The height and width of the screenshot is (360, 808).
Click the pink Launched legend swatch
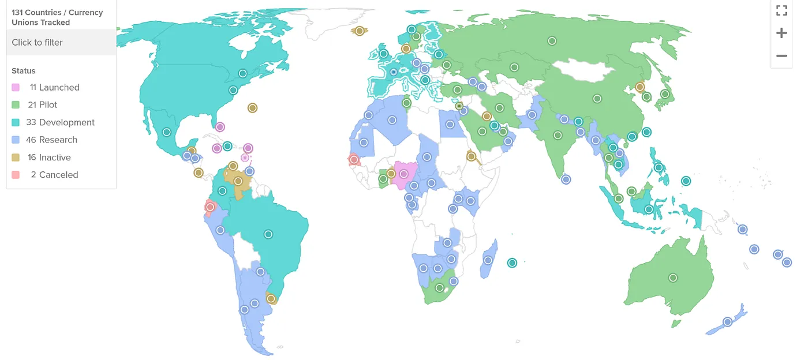tap(16, 88)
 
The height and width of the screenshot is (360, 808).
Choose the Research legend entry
tap(51, 140)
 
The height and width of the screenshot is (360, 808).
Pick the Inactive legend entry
tap(49, 157)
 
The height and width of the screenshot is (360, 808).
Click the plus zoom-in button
tap(781, 33)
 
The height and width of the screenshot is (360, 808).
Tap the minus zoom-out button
tap(781, 56)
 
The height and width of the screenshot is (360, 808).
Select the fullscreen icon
tap(781, 10)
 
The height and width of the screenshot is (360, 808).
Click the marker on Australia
tap(672, 278)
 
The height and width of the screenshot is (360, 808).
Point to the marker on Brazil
tap(268, 234)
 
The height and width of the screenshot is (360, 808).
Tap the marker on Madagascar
tap(488, 260)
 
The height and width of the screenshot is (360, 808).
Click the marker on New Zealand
tap(727, 322)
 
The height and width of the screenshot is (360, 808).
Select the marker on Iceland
tap(359, 31)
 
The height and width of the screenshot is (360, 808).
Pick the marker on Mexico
tap(166, 132)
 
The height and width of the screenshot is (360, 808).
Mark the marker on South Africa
tap(439, 287)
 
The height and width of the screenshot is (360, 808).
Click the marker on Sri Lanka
tap(566, 179)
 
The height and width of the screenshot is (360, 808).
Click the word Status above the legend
tap(24, 71)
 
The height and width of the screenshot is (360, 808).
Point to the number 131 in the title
tap(18, 12)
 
